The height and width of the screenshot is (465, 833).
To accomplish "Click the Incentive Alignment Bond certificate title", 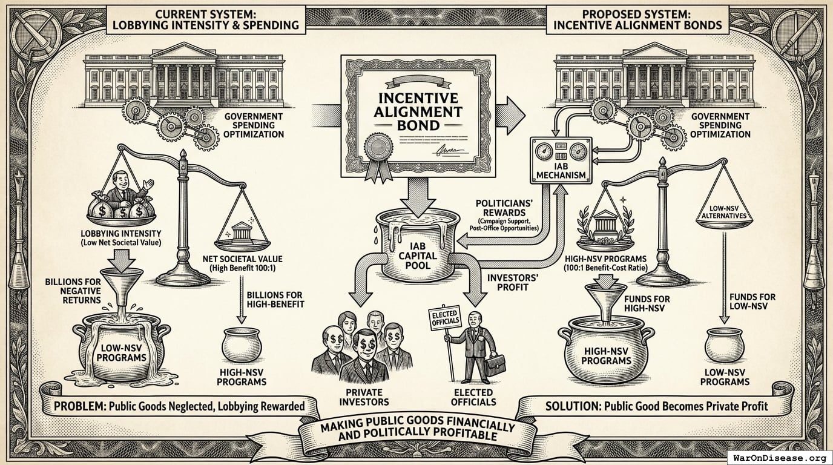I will click(418, 113).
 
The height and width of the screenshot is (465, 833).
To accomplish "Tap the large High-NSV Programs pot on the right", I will click(606, 354).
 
